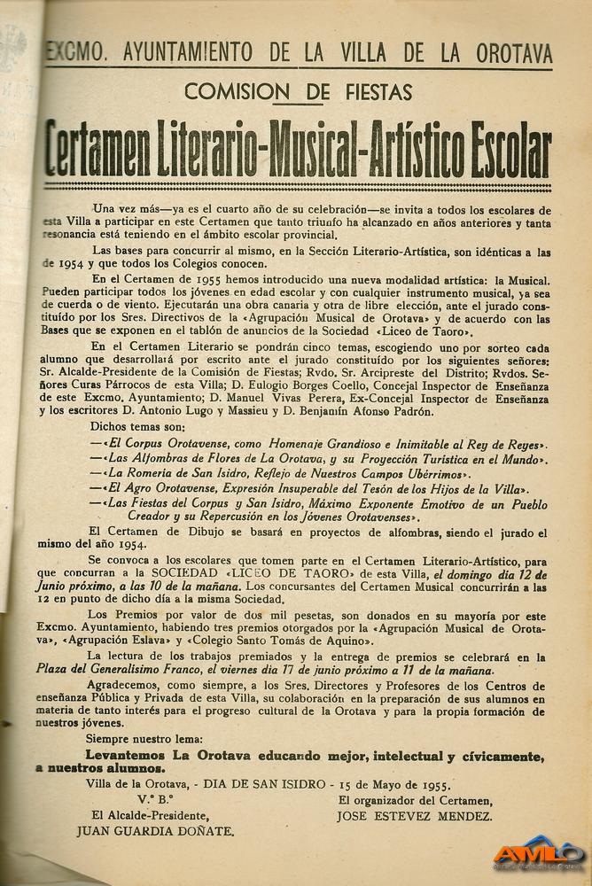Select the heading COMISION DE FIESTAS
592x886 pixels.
point(298,91)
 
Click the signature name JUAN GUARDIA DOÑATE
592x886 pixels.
point(155,831)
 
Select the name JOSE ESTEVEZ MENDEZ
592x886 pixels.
point(415,816)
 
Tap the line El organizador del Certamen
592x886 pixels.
point(415,801)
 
